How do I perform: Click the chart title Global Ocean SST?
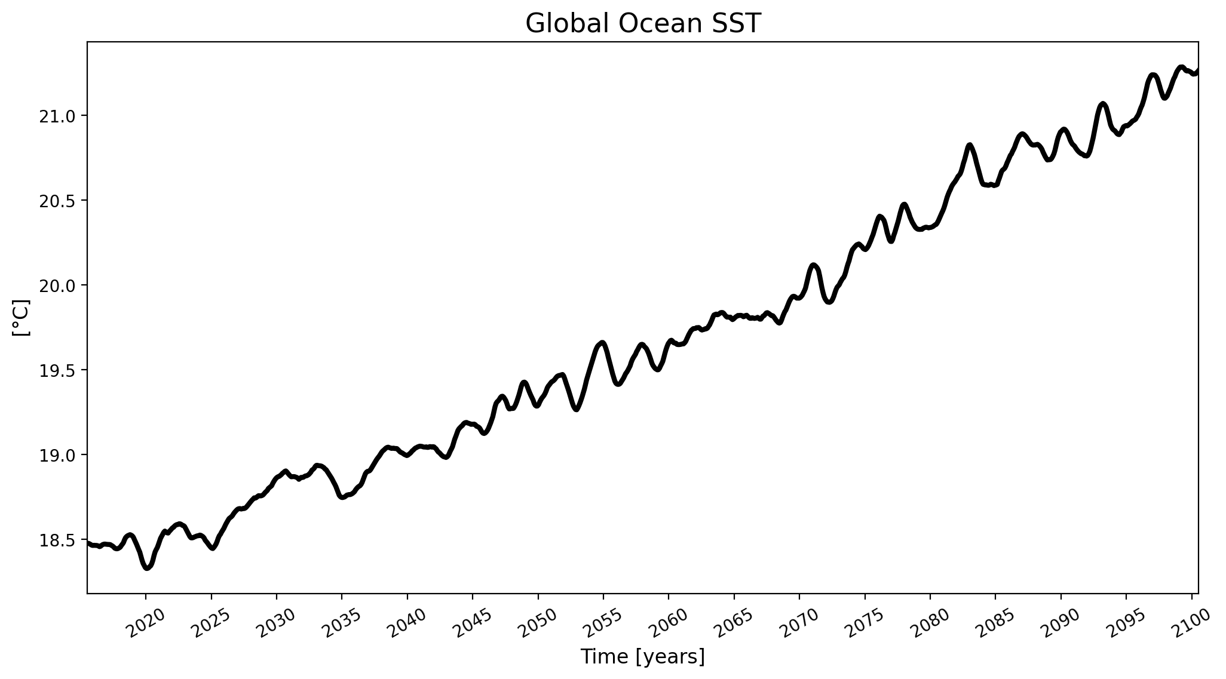(x=643, y=24)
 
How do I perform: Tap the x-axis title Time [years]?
(x=643, y=657)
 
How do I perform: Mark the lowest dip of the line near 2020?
(x=147, y=568)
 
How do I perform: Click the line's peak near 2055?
(x=602, y=343)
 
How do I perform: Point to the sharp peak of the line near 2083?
(x=970, y=145)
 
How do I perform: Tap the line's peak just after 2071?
(x=814, y=265)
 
